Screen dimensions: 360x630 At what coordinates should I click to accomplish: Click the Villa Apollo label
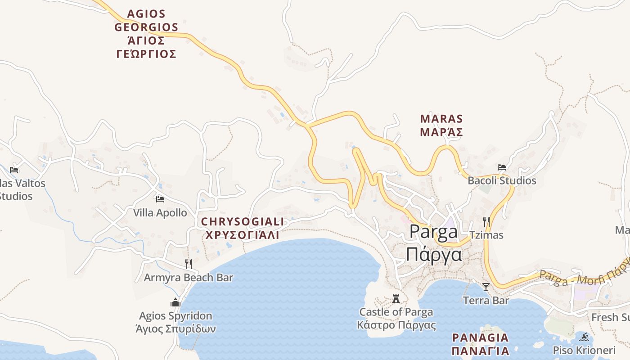click(160, 213)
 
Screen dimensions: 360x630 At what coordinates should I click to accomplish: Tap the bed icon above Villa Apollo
click(160, 199)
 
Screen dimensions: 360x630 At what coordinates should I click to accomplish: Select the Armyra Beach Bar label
click(188, 278)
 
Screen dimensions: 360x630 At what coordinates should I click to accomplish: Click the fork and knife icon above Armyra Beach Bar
click(189, 264)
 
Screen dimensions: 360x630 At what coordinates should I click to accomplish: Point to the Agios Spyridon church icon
click(175, 302)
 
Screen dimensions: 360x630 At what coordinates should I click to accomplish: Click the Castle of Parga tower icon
click(396, 298)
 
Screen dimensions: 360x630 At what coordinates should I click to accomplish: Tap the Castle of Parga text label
click(396, 312)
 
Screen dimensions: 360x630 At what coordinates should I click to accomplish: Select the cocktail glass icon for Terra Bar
click(486, 287)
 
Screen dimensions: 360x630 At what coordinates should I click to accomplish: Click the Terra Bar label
click(486, 301)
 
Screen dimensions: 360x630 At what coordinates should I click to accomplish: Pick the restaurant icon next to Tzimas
click(486, 221)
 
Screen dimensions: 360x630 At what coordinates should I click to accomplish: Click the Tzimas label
click(486, 235)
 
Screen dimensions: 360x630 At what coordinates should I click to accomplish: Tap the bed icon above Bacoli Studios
click(502, 167)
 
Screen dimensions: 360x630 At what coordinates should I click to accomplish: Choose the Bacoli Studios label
click(502, 181)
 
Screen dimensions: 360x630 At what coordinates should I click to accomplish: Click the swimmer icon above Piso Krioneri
click(584, 337)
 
